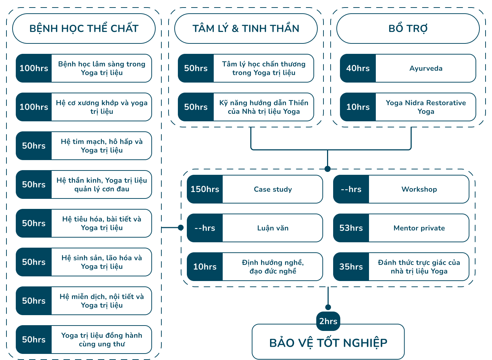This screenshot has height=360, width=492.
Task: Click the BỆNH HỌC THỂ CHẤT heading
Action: pos(84,29)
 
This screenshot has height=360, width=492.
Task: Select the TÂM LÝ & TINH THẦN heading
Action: pos(246,29)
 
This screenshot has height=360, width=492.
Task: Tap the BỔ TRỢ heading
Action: pos(408,29)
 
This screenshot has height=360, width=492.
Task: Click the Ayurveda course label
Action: pos(426,68)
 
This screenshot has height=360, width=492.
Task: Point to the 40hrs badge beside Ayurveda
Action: pos(358,68)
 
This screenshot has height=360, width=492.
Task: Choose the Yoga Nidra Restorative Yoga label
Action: pos(426,107)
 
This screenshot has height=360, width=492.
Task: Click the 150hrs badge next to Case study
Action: pos(205,189)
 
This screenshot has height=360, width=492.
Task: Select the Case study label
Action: pos(273,189)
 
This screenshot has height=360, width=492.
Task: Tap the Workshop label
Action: pos(419,189)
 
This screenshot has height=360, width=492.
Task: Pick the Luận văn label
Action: pos(273,228)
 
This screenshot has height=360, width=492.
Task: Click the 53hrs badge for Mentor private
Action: pos(351,228)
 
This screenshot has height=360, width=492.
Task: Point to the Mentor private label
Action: pos(419,228)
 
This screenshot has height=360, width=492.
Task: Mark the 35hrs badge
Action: pos(351,267)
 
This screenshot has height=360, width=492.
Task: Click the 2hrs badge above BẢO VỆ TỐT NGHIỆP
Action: pos(328,321)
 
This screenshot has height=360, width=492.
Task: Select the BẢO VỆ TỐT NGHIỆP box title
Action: pos(328,343)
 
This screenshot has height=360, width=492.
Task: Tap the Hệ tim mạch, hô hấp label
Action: pos(101,146)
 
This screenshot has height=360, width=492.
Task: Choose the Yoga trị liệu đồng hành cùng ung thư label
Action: pos(101,340)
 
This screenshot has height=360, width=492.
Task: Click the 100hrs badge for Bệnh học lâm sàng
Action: pos(34,68)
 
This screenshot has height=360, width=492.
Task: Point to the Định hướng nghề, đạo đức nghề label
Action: pos(273,267)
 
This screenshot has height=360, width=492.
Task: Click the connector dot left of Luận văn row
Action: pos(181,228)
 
